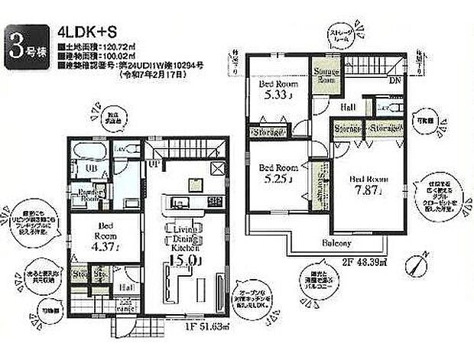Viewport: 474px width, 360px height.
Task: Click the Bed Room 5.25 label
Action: click(276, 174)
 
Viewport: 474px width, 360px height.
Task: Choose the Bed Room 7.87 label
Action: click(369, 186)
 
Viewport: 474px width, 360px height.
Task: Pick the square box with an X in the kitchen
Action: click(216, 169)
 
